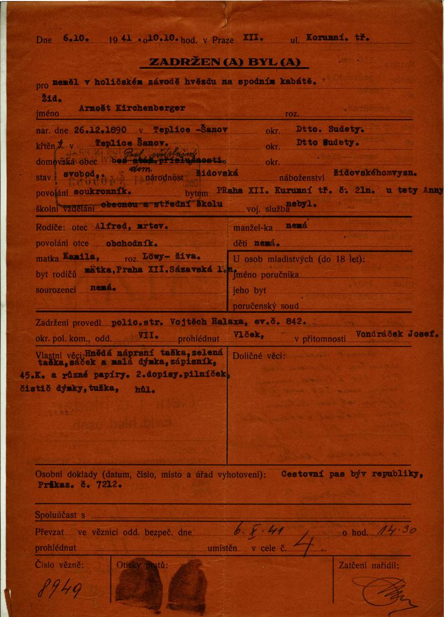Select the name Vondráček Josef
pyautogui.click(x=392, y=335)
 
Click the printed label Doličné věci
pyautogui.click(x=259, y=355)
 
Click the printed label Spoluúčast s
pyautogui.click(x=60, y=516)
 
